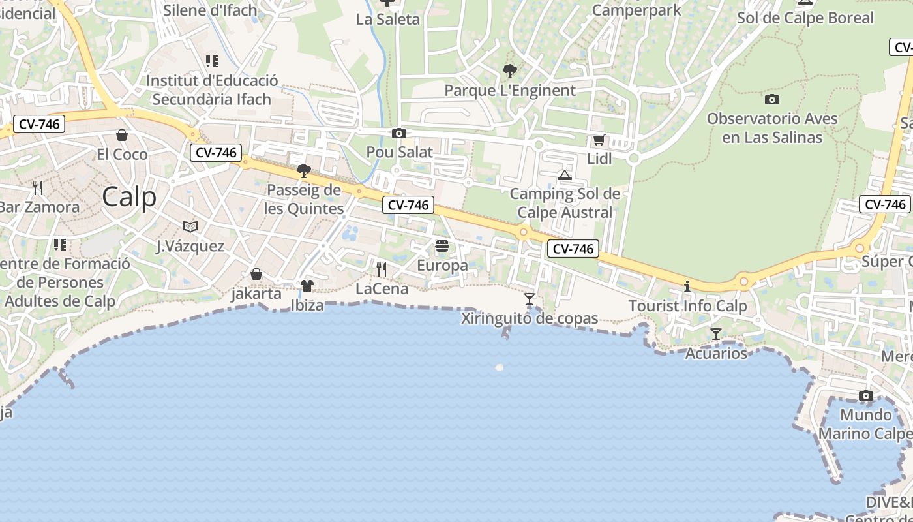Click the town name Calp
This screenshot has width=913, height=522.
coord(129,196)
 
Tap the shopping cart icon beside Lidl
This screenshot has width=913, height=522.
coord(599,140)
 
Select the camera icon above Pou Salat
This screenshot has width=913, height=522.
coord(398,134)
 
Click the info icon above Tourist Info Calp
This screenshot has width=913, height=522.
coord(687,286)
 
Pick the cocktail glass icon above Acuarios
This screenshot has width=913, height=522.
coord(715,334)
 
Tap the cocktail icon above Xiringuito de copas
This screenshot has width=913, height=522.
coord(530,299)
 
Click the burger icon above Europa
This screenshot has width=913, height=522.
coord(442,246)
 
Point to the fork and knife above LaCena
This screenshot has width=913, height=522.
coord(382,269)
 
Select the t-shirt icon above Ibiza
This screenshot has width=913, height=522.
coord(307,286)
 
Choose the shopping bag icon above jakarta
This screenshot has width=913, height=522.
coord(256,274)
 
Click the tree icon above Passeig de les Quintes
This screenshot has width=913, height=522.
coord(303,171)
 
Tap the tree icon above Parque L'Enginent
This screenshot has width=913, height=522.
coord(510,70)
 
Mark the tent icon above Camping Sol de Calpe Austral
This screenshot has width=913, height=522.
coord(565,175)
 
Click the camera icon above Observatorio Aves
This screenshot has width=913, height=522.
coord(772,99)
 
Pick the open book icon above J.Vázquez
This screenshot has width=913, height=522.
coord(190,226)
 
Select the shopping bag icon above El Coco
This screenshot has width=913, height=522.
coord(122,135)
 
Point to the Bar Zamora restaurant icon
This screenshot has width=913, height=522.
coord(38,188)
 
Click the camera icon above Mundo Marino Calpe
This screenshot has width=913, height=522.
coord(865,396)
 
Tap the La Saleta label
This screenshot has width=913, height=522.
coord(388,19)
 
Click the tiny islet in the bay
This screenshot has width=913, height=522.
coord(499,367)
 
